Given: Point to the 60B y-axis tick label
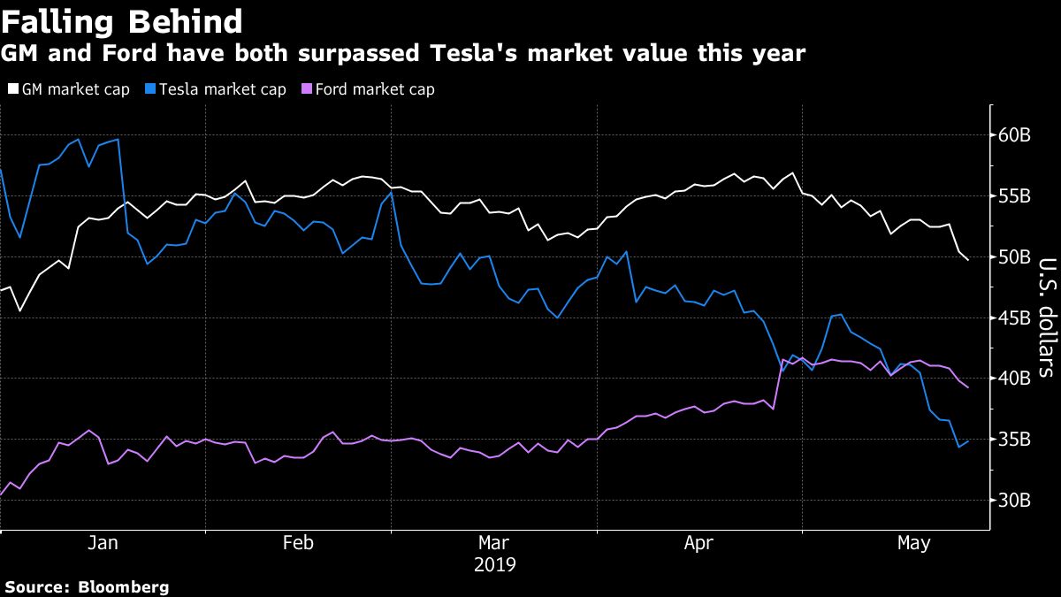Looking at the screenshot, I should point(1014,136).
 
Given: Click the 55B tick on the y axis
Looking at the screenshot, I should point(1014,196).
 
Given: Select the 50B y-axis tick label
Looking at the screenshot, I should point(1014,257).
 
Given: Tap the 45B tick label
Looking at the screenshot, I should point(1014,318).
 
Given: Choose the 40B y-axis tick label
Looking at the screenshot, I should point(1014,379).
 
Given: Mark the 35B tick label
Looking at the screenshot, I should point(1014,440).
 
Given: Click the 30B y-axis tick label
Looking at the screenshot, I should point(1014,501).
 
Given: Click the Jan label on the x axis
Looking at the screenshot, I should point(103,543).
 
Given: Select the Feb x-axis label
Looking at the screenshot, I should point(298,543).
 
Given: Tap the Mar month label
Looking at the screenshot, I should point(493,543).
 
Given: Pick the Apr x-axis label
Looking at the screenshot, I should point(698,543).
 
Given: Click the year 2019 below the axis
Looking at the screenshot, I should point(493,564).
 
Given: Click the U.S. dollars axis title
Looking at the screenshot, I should point(1045,317).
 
